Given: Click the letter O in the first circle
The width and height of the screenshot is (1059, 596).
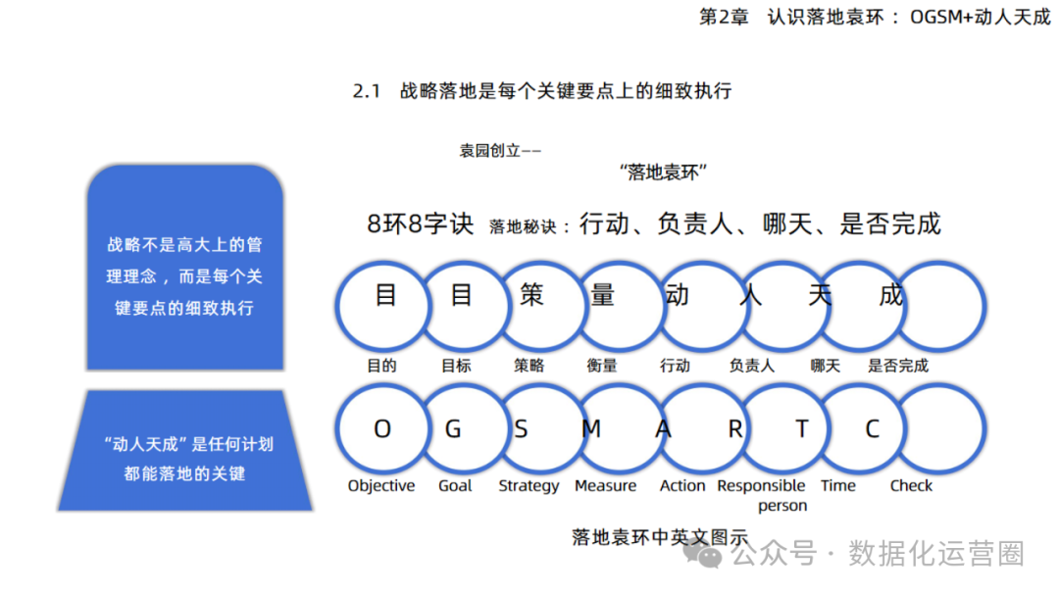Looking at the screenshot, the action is (x=382, y=429).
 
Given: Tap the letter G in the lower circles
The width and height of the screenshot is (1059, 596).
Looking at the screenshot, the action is (x=453, y=429).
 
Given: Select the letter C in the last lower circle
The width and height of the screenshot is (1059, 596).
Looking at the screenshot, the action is (x=872, y=429).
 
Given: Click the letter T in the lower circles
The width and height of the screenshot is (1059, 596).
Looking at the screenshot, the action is (x=802, y=429).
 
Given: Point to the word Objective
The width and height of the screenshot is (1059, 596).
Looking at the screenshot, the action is (x=381, y=486).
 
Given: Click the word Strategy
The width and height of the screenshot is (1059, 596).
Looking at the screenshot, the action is (x=529, y=486).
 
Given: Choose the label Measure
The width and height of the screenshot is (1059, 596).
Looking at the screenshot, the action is (x=605, y=486).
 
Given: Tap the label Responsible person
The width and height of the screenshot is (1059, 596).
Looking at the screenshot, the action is (x=762, y=495).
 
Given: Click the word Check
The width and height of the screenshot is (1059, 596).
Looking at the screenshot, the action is (x=911, y=486).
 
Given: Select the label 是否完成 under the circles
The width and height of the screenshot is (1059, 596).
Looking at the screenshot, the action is (x=897, y=366).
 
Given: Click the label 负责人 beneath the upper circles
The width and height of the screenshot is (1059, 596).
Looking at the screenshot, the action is (x=751, y=366).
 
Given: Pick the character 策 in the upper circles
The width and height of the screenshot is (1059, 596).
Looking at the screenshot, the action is (x=531, y=294).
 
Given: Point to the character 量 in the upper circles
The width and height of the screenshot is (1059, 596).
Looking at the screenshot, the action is (x=602, y=294).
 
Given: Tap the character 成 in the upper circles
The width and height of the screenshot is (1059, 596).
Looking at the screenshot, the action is (x=890, y=294).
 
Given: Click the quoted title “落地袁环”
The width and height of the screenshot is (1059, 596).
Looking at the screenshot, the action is (x=664, y=173).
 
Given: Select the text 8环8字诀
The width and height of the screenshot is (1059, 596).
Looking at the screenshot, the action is (x=420, y=224).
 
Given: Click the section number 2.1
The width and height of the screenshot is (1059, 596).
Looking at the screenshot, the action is (x=366, y=92).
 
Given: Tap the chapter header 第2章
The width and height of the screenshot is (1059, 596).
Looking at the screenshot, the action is (x=723, y=18).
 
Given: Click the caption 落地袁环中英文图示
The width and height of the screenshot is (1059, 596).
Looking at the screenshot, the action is (x=659, y=537).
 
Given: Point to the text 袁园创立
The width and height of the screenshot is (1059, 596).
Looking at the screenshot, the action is (x=490, y=151).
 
